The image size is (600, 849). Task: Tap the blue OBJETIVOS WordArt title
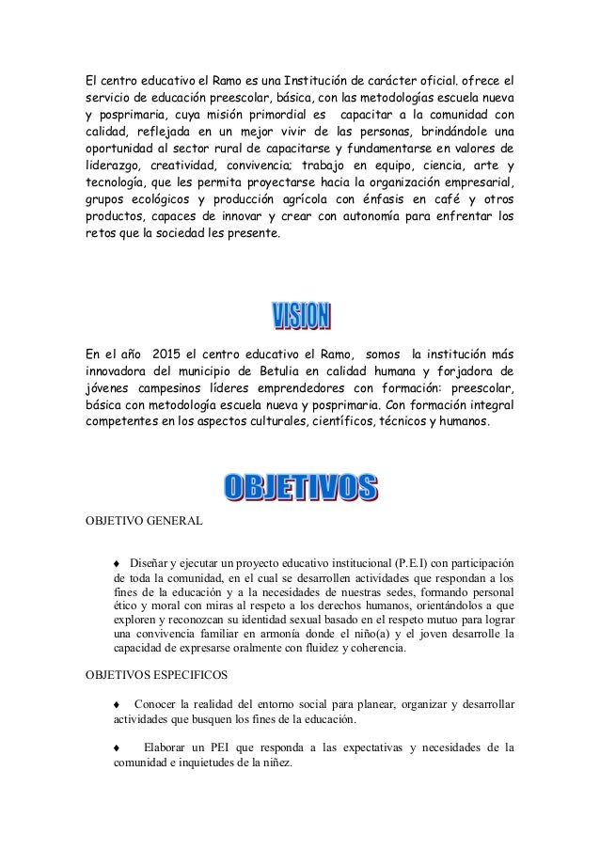tap(300, 486)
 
